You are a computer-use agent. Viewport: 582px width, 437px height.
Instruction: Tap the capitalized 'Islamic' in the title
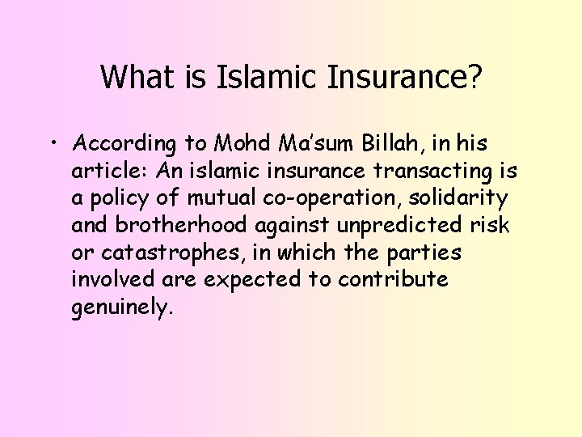coord(255,77)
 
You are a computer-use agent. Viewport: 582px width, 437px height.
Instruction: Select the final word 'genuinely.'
coord(122,308)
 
